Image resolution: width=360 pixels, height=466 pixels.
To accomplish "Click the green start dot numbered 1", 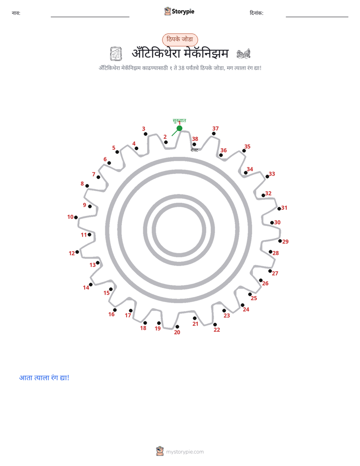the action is click(179, 129).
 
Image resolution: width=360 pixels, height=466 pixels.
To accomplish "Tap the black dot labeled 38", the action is click(194, 144).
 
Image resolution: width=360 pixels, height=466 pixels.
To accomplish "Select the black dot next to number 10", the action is click(76, 217).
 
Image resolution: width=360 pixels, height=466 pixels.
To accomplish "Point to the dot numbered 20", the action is click(177, 327).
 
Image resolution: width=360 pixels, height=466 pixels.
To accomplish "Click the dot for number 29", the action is click(280, 241).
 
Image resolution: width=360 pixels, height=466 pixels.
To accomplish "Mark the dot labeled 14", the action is click(91, 285).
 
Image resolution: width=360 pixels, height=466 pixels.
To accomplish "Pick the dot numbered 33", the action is click(267, 177).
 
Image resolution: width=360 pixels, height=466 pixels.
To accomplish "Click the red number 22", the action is click(217, 330).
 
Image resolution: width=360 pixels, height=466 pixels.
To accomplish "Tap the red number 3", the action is click(144, 129).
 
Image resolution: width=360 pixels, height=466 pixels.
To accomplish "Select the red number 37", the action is click(215, 129).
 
